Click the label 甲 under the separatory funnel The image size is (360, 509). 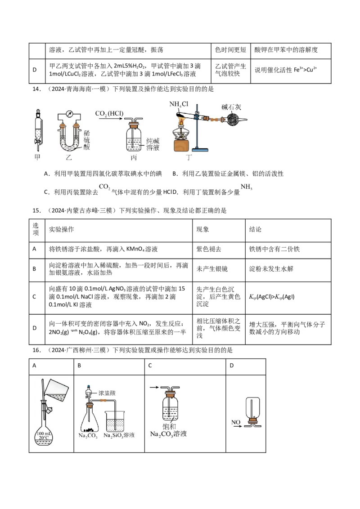coord(37,157)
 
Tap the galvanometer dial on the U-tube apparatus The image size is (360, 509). coord(69,114)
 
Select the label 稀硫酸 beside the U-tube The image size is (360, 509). coord(86,140)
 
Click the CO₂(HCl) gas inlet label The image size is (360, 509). coord(109,114)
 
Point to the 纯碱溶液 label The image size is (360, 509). coord(153,144)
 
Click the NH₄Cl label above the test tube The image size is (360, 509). coord(179,104)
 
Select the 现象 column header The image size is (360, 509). coord(202,229)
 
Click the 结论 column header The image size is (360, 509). coord(255,229)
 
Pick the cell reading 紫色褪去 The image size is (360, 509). coord(209,249)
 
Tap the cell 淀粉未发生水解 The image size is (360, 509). coord(271,269)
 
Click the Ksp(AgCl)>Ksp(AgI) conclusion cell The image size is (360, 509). coord(272,297)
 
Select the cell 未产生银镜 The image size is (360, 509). coord(212,269)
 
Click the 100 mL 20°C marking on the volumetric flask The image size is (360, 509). coord(44,436)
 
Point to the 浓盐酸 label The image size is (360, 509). coord(107,393)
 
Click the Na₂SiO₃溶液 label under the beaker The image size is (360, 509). coord(119,435)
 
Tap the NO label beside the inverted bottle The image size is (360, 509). coord(236,422)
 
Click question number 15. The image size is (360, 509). coord(36,211)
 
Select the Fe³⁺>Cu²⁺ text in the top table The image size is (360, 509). coord(305,70)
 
